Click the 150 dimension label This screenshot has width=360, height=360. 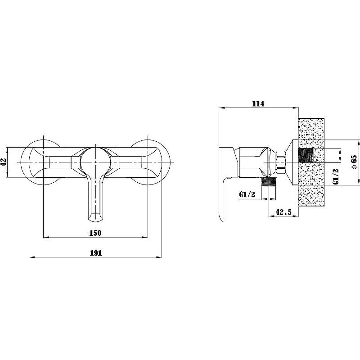[95, 233]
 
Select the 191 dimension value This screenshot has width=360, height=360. [95, 253]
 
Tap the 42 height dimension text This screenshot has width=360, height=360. [4, 162]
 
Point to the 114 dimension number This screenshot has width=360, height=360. [258, 103]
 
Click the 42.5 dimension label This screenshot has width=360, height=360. [283, 212]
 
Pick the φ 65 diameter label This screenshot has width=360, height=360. [354, 162]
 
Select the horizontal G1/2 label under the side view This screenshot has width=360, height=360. [247, 194]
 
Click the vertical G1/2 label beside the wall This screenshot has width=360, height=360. [336, 176]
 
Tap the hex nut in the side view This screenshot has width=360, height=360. [281, 162]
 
